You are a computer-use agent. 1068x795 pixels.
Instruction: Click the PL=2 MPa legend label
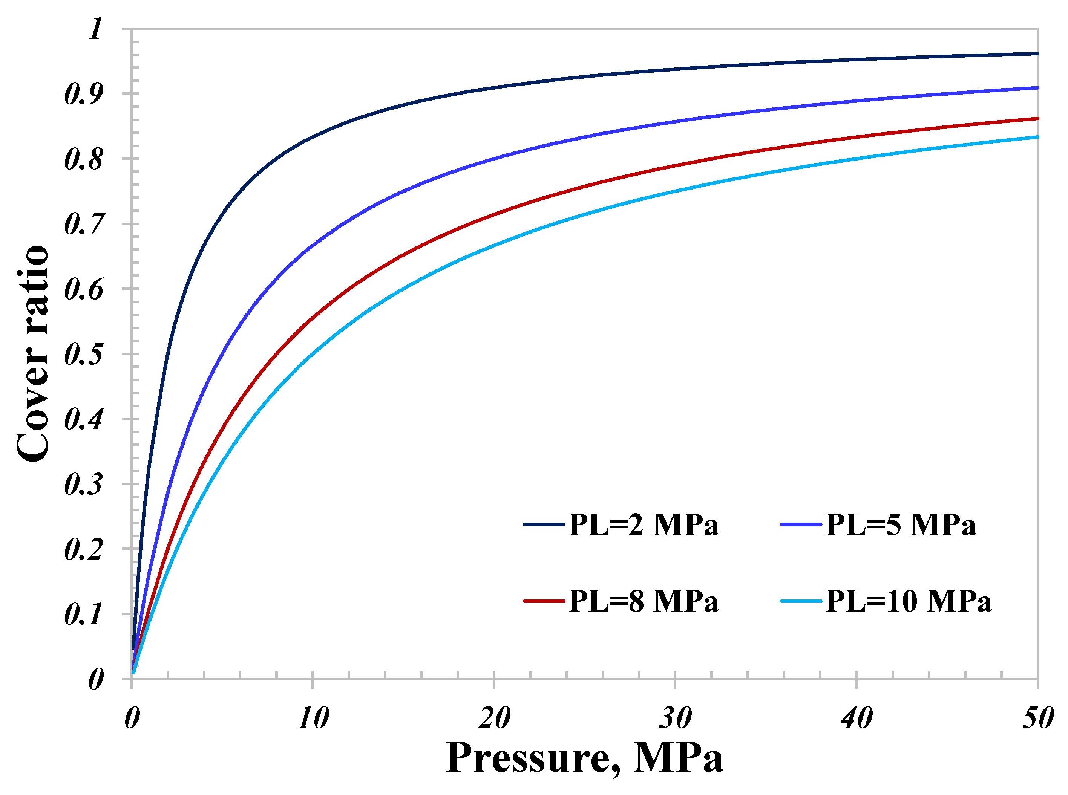[x=643, y=524]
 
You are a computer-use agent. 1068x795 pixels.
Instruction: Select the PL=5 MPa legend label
[x=901, y=524]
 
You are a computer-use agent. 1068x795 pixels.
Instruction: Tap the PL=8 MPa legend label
[x=643, y=602]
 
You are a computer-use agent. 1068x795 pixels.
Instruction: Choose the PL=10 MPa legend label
[x=909, y=602]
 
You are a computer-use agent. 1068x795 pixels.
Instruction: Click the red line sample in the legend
[x=544, y=601]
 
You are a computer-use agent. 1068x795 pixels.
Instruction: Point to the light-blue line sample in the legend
[x=801, y=601]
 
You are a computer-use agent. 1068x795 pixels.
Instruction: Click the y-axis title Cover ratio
[x=33, y=354]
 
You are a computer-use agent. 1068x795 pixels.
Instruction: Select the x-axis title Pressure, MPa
[x=584, y=758]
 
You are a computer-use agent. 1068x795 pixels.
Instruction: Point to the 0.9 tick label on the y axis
[x=83, y=94]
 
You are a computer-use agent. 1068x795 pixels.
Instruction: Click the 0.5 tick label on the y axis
[x=83, y=354]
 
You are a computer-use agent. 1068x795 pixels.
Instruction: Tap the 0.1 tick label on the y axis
[x=83, y=615]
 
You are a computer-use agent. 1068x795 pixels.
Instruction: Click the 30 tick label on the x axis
[x=675, y=719]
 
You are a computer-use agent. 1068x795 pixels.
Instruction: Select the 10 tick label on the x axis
[x=313, y=719]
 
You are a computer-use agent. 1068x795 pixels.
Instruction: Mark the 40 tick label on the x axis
[x=857, y=719]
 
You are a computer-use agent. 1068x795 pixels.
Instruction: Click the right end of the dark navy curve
[x=1037, y=54]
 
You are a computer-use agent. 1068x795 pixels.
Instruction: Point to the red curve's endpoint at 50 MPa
[x=1037, y=118]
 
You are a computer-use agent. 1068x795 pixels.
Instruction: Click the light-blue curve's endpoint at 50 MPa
[x=1037, y=137]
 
